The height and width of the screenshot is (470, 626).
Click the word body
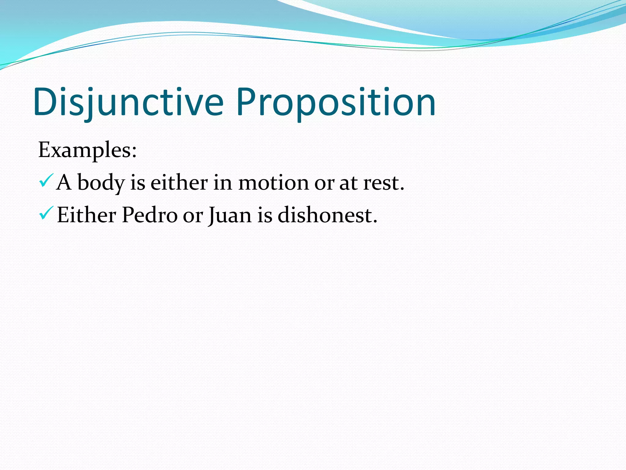point(101,183)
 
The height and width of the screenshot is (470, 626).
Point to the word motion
point(273,183)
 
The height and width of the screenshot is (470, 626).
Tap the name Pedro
point(149,215)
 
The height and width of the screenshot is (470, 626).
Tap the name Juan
point(230,215)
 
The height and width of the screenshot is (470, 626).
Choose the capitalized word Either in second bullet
point(87,215)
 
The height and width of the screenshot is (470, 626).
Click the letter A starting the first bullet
point(64,182)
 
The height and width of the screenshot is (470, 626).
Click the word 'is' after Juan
point(265,215)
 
